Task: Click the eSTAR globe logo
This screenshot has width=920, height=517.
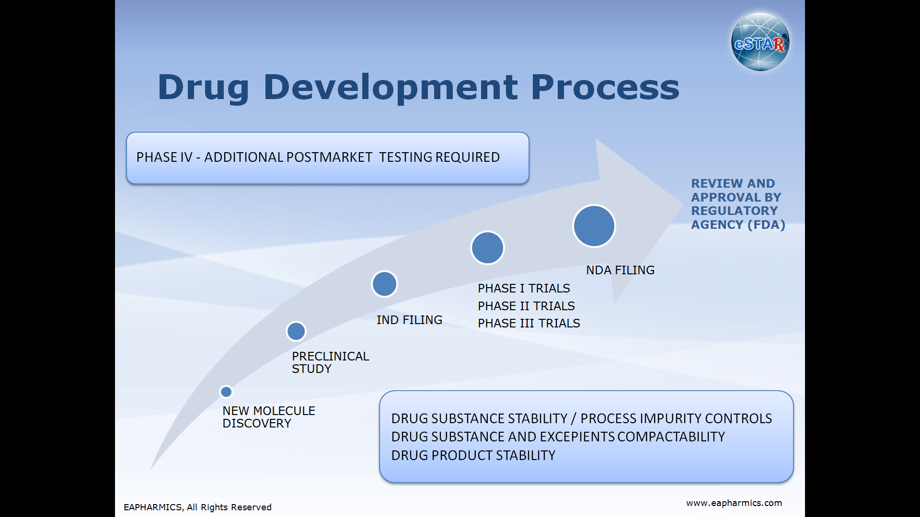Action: (760, 42)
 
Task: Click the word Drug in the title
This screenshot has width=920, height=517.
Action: (204, 88)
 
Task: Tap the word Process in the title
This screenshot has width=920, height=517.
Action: (605, 88)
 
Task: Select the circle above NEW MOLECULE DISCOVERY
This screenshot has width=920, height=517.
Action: (226, 392)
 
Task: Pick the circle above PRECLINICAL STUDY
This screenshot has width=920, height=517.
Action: (296, 331)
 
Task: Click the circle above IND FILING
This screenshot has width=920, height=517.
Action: (384, 284)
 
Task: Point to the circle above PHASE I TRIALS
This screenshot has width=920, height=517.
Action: (487, 248)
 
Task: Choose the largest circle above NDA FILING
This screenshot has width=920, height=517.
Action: (594, 226)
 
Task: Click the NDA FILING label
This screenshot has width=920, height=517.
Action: (620, 270)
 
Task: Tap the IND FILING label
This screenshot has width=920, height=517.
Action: (409, 320)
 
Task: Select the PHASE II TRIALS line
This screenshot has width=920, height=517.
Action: (526, 306)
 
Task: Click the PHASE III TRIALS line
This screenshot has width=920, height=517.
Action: (529, 324)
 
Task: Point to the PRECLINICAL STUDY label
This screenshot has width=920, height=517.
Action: (331, 362)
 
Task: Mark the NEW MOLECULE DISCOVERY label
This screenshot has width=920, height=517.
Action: (269, 417)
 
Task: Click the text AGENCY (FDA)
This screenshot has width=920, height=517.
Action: (738, 225)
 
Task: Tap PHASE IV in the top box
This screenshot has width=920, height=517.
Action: (164, 157)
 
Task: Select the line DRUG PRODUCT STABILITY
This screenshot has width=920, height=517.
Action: (473, 456)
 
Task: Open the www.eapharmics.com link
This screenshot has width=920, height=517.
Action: (734, 503)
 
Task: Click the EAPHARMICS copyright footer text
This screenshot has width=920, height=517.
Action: (197, 507)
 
